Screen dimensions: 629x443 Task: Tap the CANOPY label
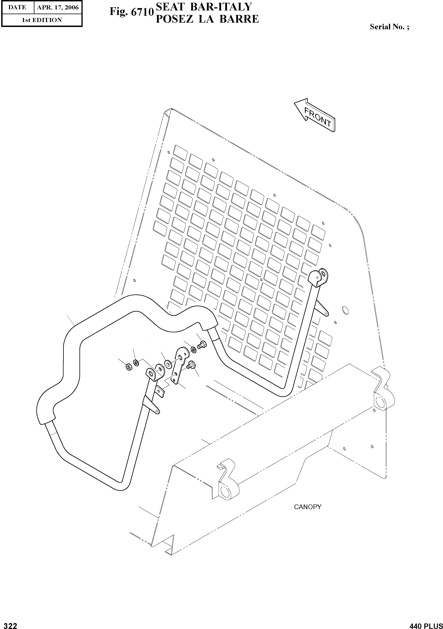(307, 507)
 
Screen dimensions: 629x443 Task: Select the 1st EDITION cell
(42, 20)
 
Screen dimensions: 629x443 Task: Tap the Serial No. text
(389, 27)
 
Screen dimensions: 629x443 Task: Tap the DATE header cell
(17, 7)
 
